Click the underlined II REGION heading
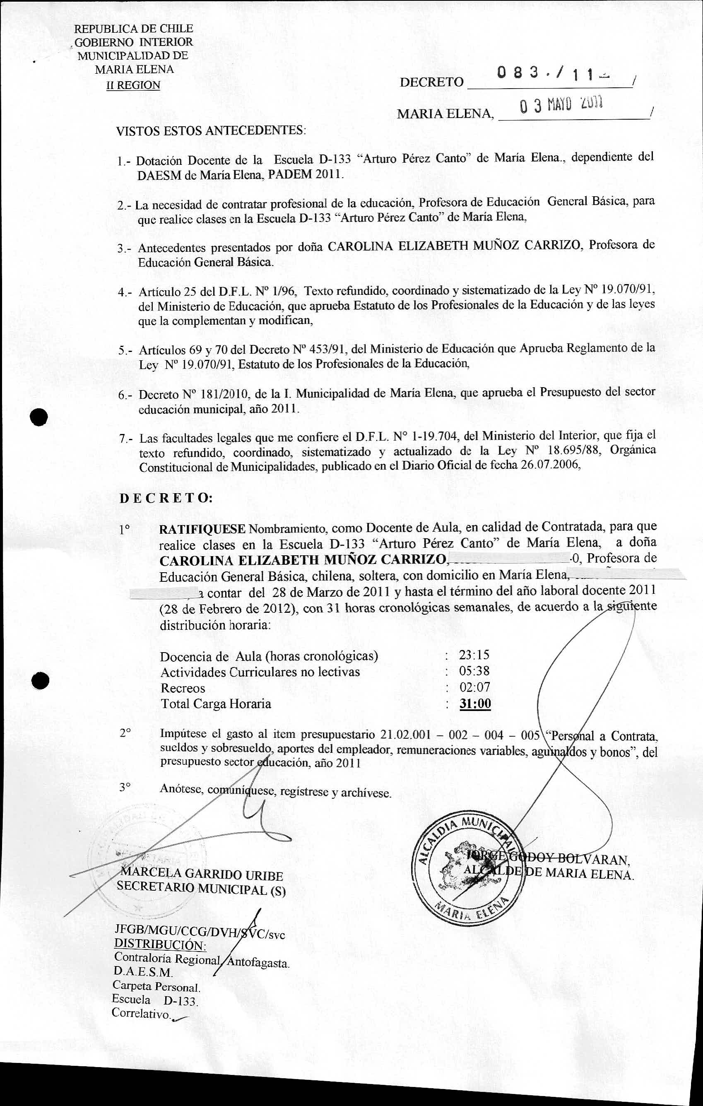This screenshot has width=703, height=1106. coord(133,85)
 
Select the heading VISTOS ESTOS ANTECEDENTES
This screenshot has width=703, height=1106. coord(211,130)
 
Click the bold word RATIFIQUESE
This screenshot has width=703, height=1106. coord(202,529)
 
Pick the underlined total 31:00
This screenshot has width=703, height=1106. coord(475,704)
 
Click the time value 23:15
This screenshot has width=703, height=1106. coord(474,655)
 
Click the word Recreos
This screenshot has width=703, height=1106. coord(183,688)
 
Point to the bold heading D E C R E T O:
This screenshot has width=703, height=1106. coord(166,499)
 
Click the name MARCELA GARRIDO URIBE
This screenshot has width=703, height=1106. coord(202,875)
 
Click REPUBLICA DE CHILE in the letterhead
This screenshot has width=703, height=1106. coord(134,29)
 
